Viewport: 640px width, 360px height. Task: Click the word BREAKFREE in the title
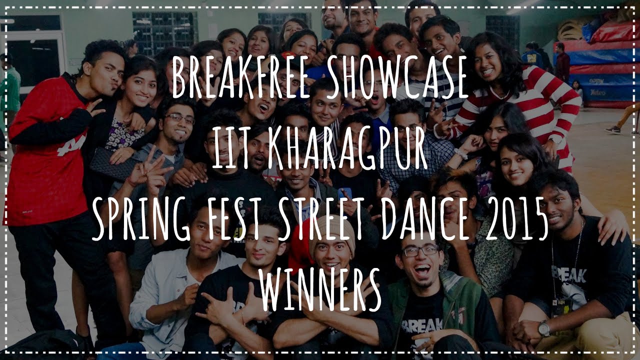234,78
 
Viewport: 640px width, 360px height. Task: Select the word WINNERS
320,288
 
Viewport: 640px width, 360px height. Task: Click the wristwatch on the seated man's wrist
543,328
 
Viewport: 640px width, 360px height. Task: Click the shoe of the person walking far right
612,129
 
